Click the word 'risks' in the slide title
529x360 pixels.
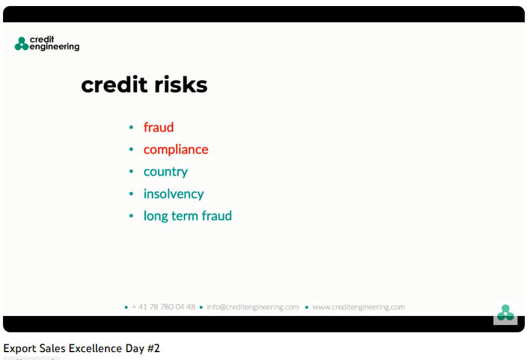coord(181,84)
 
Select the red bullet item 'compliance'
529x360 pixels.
coord(176,150)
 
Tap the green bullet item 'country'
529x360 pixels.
coord(165,172)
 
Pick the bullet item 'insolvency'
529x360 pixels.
coord(173,194)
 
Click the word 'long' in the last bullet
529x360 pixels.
coord(156,216)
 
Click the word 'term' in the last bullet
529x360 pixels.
coord(185,216)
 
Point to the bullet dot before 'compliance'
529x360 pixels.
coord(131,149)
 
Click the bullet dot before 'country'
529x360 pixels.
coord(131,171)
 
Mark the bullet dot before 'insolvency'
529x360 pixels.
coord(131,194)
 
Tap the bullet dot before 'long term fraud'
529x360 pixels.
coord(131,216)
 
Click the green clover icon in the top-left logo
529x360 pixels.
coord(22,44)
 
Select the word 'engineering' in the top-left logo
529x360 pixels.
coord(54,47)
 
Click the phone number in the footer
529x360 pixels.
coord(163,307)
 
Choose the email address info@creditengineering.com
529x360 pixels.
coord(253,307)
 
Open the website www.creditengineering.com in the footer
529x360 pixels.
coord(358,307)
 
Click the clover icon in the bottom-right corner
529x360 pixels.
coord(505,313)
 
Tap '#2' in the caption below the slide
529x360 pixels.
coord(153,348)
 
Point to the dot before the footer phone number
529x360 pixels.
coord(126,308)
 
